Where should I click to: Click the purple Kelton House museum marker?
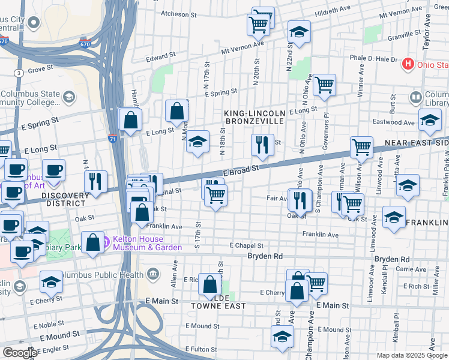[106, 242]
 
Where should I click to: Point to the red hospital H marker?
[409, 64]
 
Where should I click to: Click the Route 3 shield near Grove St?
[20, 73]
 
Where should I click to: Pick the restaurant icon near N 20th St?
[262, 144]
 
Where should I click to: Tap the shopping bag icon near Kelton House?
[92, 242]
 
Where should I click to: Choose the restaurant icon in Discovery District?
[95, 181]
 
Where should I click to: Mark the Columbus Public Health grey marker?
[153, 275]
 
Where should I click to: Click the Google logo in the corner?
[20, 353]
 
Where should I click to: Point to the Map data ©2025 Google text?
[411, 355]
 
